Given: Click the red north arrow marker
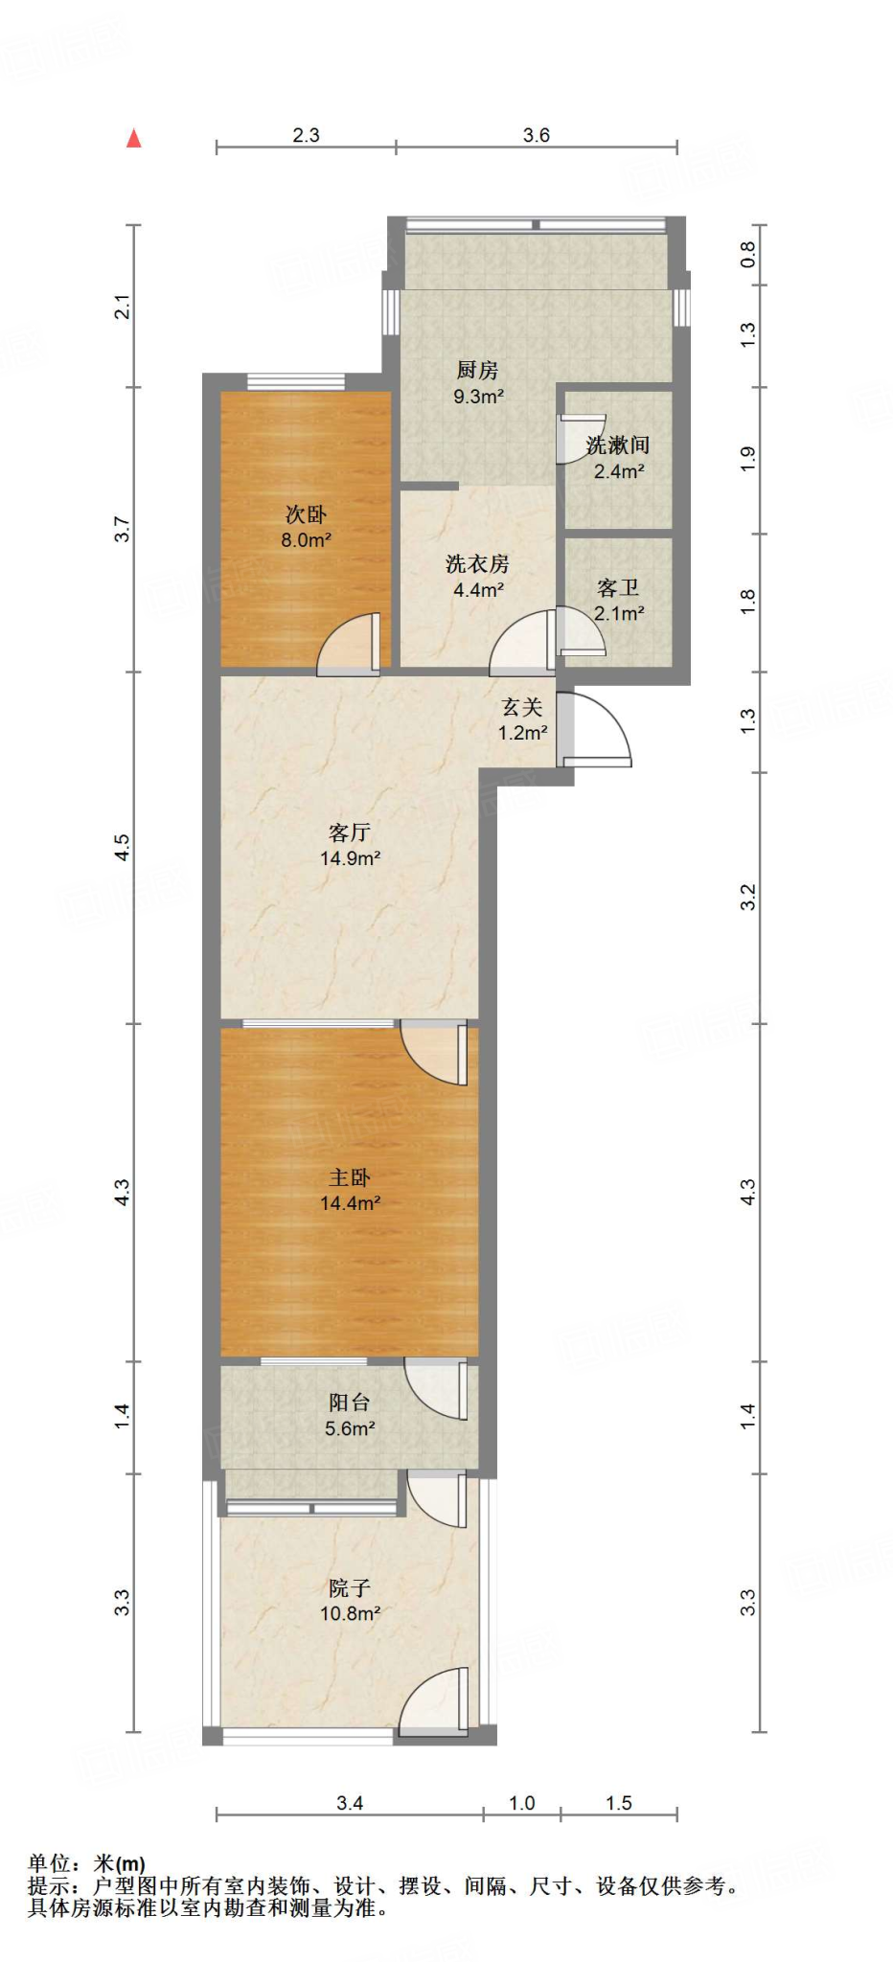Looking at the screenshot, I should point(134,139).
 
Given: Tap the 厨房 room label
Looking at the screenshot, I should point(477,370).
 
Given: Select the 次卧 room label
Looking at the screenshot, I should point(306,514).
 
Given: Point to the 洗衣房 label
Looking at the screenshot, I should point(477,564).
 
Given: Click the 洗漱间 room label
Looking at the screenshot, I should point(618,445).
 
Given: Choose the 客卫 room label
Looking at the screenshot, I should point(618,587).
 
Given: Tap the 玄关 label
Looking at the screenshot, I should point(522,707).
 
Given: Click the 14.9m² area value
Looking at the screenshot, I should point(350,858).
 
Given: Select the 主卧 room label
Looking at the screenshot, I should point(350,1177).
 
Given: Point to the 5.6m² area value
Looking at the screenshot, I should point(350,1428).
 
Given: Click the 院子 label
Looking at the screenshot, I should point(350,1587).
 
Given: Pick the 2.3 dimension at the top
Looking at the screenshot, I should point(306,135).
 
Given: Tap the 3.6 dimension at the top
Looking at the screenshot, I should point(537,135).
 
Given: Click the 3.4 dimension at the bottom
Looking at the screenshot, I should point(350,1803).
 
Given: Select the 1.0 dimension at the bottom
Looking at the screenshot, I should point(521,1803).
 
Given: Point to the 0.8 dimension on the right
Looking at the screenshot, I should point(748,254).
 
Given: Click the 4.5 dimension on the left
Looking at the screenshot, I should point(122,847).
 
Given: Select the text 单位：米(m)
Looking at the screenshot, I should point(86,1863).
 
